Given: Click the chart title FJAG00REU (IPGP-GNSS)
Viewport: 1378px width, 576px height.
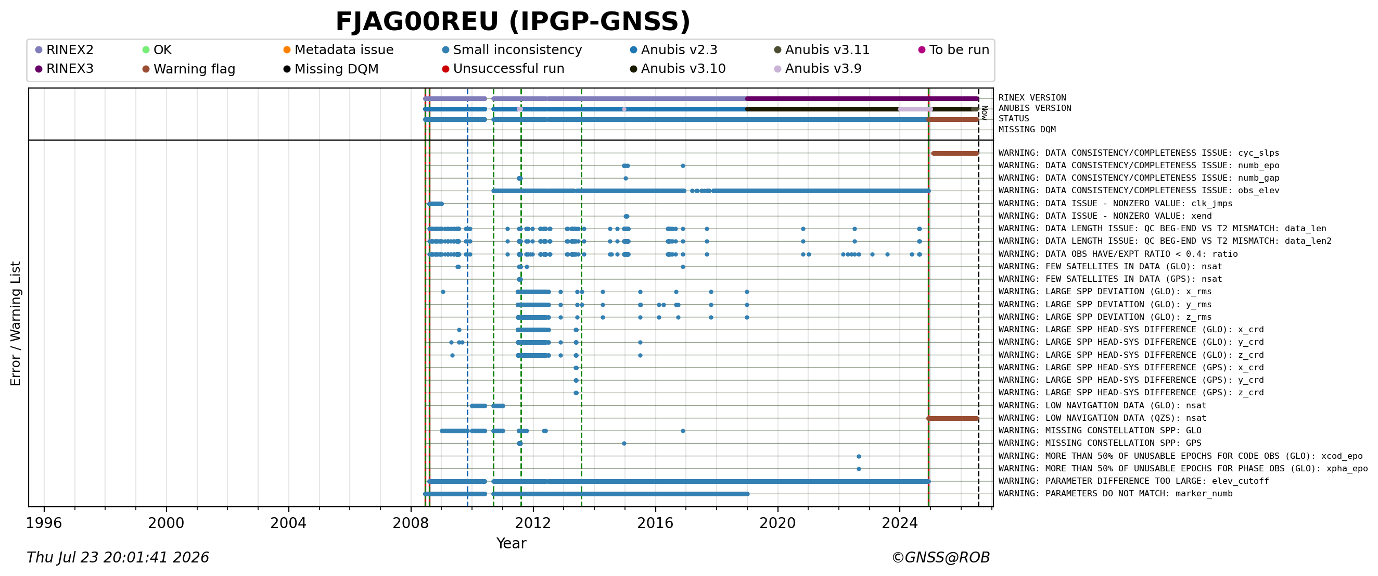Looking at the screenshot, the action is coord(513,22).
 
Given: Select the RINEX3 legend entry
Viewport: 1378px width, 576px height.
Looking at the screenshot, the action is coord(64,69).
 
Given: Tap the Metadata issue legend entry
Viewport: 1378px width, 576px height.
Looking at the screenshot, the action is coord(338,50).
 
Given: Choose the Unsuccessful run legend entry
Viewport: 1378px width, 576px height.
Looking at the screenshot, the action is coord(503,69).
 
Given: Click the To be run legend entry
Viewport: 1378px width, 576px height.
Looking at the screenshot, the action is coord(954,50).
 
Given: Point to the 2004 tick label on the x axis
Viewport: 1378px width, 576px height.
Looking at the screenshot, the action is coord(288,523).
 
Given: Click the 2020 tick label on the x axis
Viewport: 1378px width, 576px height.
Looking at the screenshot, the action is coord(777,523).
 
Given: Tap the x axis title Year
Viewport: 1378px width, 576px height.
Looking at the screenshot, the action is coord(512,543).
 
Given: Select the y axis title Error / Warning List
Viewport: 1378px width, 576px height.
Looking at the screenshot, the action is coord(16,323).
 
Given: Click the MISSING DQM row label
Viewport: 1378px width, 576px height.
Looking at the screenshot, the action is coord(1027,130).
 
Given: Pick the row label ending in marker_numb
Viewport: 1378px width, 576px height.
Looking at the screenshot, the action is coord(1115,494).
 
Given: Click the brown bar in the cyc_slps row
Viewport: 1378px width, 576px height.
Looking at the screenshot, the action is coord(955,154).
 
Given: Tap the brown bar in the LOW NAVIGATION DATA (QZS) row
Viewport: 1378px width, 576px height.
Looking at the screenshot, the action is coord(953,419).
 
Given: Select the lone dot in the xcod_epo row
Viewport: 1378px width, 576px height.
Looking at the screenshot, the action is coord(859,457).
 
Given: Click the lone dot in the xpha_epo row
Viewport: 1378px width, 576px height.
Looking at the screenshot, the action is coord(859,469).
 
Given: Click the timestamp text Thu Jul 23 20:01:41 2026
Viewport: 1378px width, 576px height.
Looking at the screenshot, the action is coord(118,558).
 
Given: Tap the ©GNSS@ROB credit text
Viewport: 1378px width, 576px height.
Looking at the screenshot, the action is coord(940,558).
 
